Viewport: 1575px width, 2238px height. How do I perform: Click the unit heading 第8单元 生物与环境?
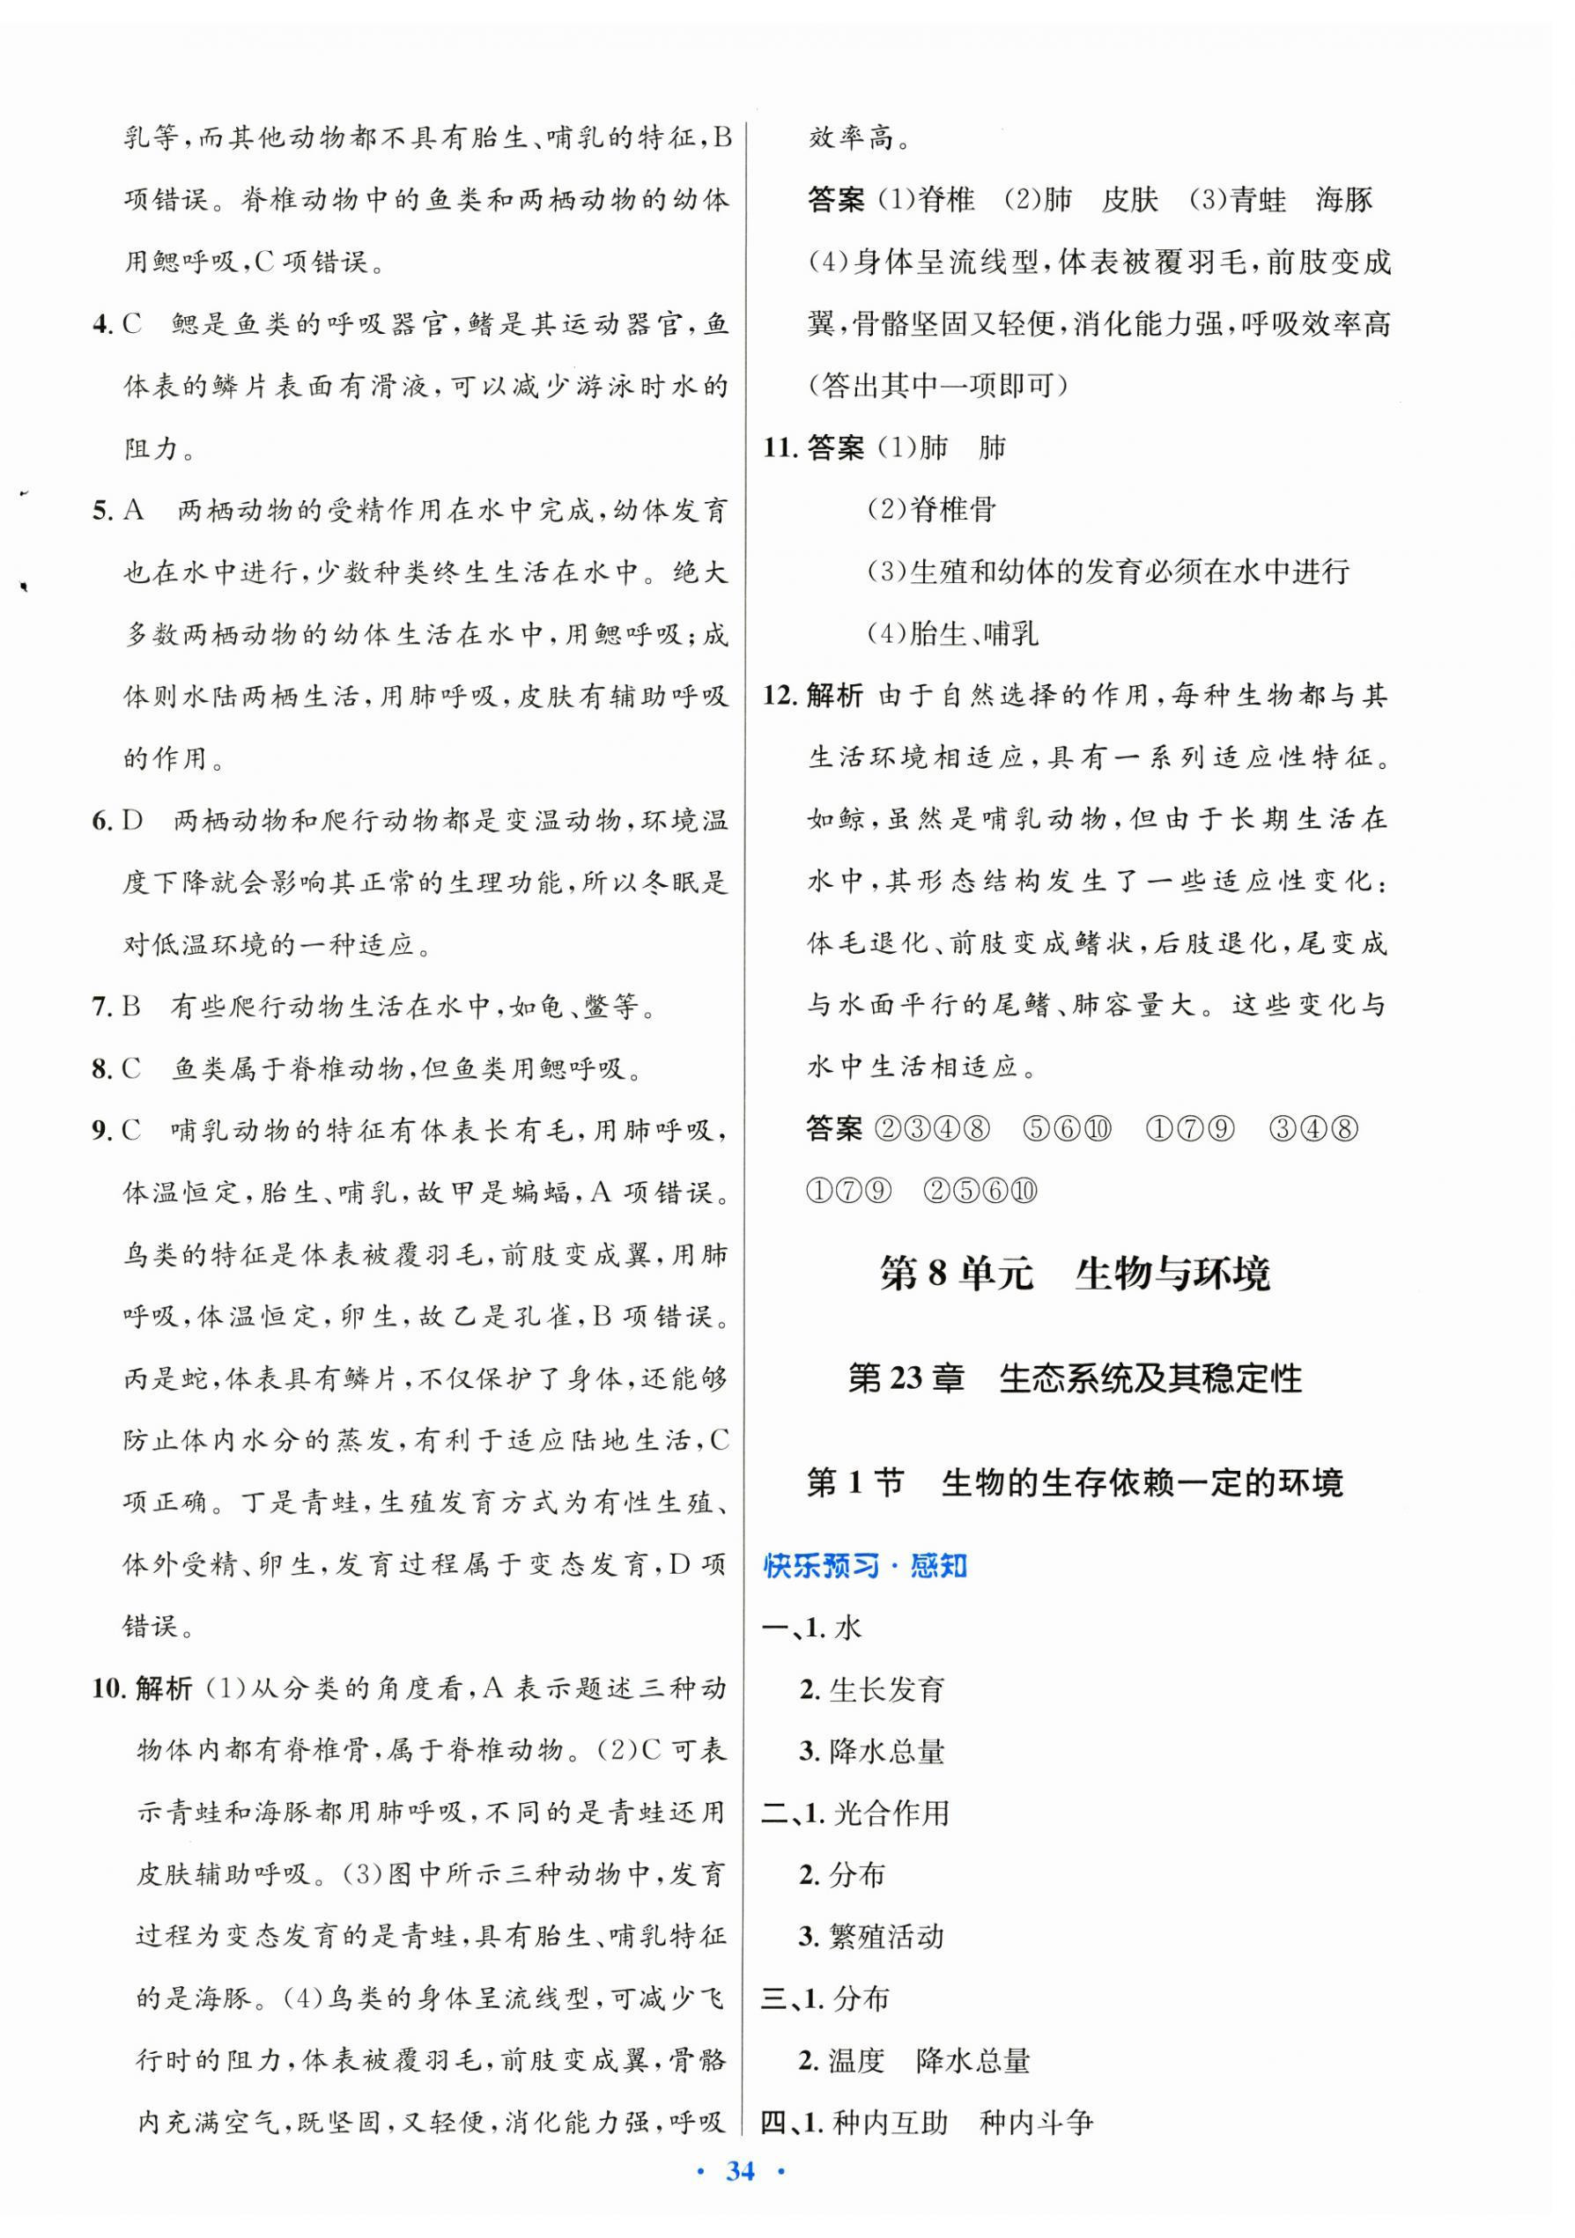point(1074,1274)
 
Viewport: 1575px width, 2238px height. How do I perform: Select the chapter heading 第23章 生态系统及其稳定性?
point(1074,1378)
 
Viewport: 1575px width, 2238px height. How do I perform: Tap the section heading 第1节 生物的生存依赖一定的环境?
point(1074,1482)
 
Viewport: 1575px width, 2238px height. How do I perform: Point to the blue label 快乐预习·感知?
point(864,1566)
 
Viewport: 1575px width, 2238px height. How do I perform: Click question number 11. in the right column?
point(780,448)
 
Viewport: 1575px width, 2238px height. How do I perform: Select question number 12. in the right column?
point(780,696)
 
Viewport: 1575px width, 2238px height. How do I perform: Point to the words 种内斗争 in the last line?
point(1036,2122)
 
